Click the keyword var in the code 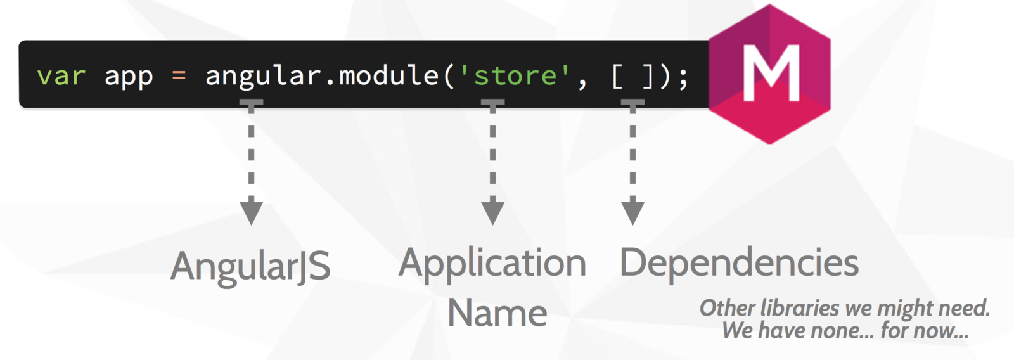click(x=61, y=77)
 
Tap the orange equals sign click(x=179, y=76)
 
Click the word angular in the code click(x=263, y=77)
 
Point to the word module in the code click(x=388, y=75)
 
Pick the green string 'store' click(x=514, y=76)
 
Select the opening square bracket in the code click(x=617, y=76)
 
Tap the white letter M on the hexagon click(x=771, y=73)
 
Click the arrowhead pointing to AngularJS click(x=252, y=210)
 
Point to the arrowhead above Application click(x=492, y=210)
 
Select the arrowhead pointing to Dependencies click(x=632, y=210)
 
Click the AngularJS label click(x=250, y=266)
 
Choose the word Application click(x=492, y=264)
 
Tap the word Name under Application click(x=497, y=313)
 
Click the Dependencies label click(x=739, y=262)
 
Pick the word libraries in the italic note click(x=800, y=308)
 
